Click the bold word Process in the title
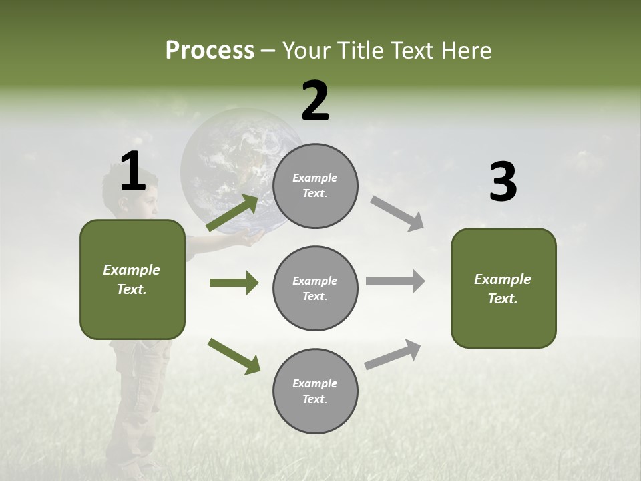coord(210,51)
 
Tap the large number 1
coord(133,172)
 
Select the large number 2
coord(315,101)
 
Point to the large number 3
coord(503,182)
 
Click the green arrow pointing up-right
coord(233,212)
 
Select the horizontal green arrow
coord(234,283)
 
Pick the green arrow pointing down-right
coord(234,356)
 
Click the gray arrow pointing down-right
coord(397,214)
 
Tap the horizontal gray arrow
coord(395,281)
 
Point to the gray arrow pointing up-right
coord(393,354)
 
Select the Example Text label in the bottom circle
coord(315,391)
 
